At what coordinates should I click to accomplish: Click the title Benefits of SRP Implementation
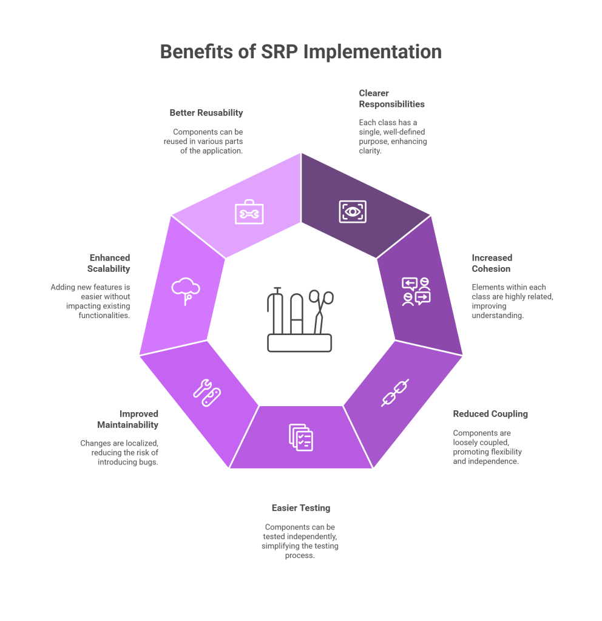tap(301, 52)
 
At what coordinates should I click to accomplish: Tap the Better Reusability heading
tap(206, 112)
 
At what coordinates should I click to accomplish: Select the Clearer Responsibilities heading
tap(391, 98)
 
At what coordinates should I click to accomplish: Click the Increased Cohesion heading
tap(492, 263)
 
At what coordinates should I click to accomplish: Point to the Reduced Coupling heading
tap(490, 414)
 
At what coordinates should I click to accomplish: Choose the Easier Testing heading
tap(301, 507)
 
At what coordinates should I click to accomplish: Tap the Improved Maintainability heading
tap(127, 419)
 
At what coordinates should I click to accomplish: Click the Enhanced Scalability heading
tap(109, 263)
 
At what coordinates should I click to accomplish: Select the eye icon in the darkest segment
tap(353, 211)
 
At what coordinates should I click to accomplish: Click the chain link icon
tap(395, 393)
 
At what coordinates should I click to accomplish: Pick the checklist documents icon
tap(301, 437)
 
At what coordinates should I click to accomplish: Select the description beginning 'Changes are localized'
tap(119, 452)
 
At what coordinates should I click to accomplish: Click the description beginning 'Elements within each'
tap(512, 301)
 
